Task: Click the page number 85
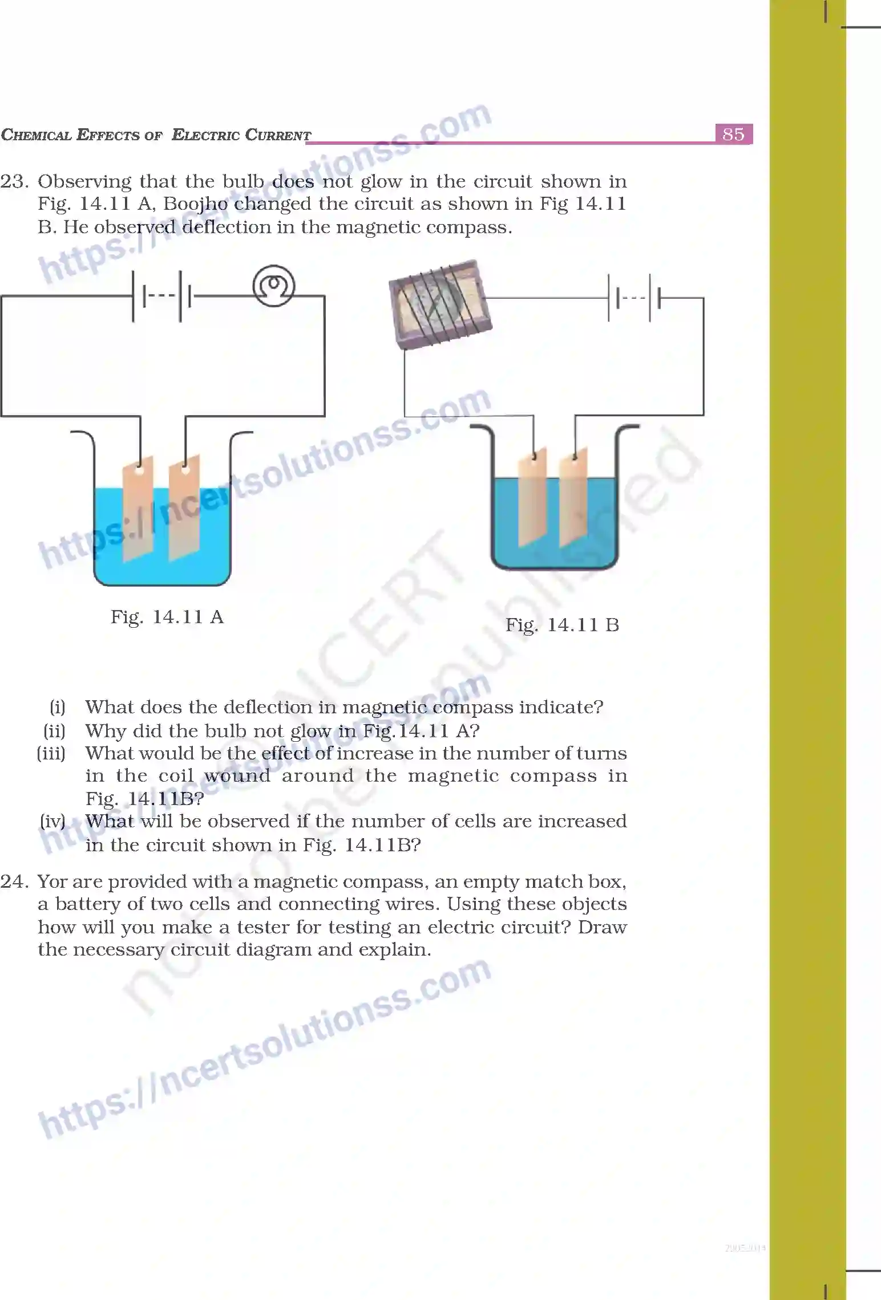733,134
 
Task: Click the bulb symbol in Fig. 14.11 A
274,285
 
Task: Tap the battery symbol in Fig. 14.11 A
161,296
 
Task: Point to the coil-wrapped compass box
440,303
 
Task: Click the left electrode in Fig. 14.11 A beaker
138,507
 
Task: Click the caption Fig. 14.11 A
167,617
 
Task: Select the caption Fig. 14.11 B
562,625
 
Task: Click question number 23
14,181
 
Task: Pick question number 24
14,881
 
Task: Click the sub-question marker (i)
58,707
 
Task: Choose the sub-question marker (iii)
51,753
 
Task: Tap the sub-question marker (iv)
52,821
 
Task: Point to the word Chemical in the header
36,135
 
